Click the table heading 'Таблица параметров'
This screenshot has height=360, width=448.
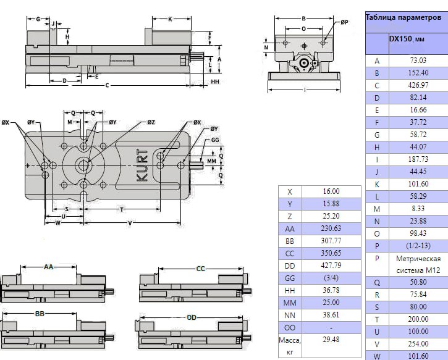(402, 17)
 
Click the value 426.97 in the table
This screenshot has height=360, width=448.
(418, 85)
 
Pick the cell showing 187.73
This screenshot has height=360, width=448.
(418, 159)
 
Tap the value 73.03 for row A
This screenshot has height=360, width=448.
(418, 61)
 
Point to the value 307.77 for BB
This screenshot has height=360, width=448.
(331, 241)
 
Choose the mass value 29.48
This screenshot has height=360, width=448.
(331, 339)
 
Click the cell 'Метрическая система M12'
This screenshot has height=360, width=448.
(418, 265)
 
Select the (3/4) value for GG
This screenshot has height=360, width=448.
(331, 278)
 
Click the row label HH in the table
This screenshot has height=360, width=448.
(290, 290)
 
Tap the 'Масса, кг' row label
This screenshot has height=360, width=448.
(290, 345)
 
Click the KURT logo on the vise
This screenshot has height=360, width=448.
(142, 165)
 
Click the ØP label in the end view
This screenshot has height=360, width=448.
(344, 22)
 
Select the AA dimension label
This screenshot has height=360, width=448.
(49, 267)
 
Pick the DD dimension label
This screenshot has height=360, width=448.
(192, 317)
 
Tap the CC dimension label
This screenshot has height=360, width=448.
(200, 269)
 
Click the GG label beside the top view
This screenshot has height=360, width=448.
(215, 140)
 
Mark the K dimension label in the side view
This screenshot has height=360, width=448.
(170, 19)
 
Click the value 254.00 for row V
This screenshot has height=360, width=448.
(418, 343)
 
